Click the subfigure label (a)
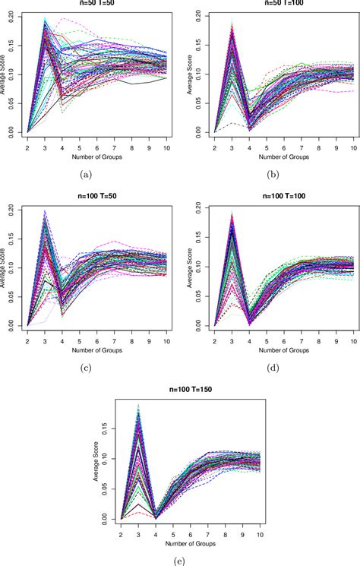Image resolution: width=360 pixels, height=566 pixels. (86, 174)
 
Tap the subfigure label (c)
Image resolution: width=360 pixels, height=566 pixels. (86, 368)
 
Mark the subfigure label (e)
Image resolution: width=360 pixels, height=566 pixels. (180, 561)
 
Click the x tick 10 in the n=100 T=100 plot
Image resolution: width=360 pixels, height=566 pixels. (353, 338)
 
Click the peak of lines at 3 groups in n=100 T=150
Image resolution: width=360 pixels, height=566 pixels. (138, 410)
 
